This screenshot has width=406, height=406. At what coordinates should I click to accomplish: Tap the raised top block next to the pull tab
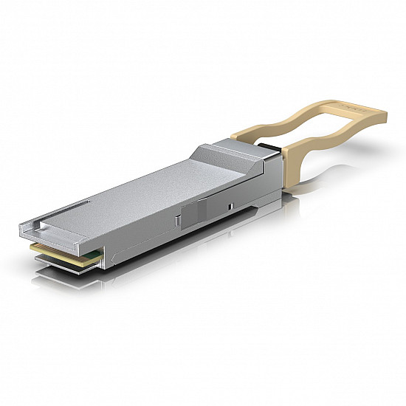click(x=236, y=151)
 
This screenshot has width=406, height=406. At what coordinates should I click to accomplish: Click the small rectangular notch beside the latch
click(x=231, y=205)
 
